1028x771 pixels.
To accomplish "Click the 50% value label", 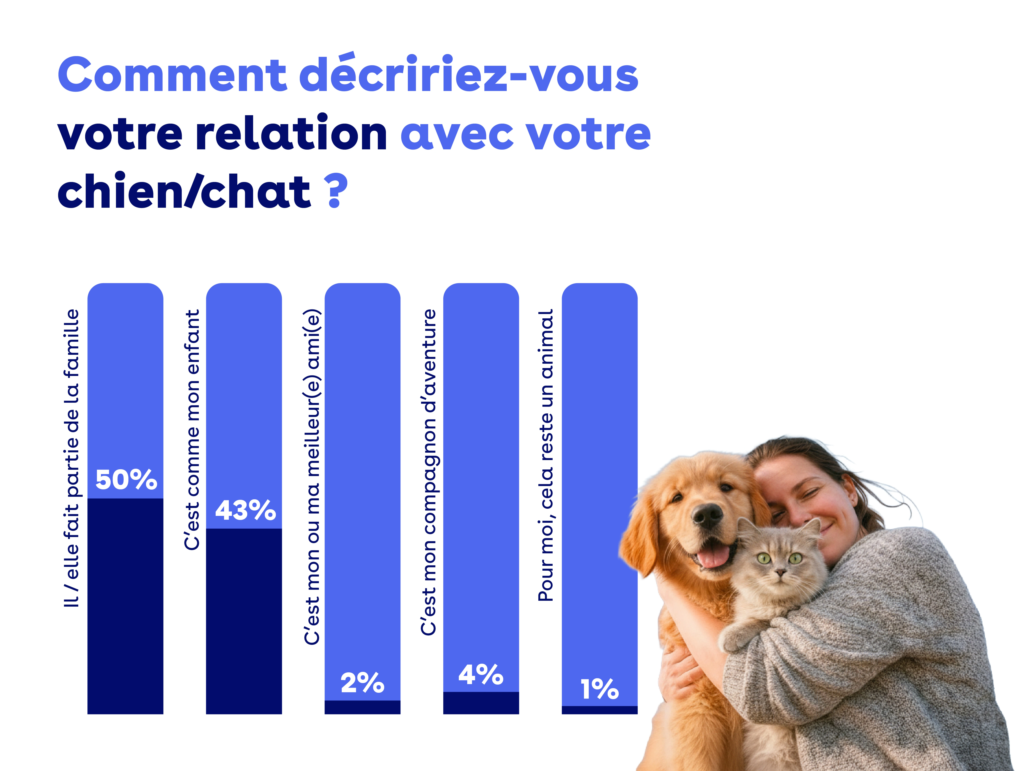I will [x=126, y=480].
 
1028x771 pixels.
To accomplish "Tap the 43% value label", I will [x=245, y=510].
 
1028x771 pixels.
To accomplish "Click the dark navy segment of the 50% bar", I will [x=126, y=604].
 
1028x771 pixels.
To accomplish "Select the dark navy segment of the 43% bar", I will [x=244, y=620].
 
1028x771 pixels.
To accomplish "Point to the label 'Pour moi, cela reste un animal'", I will [x=546, y=455].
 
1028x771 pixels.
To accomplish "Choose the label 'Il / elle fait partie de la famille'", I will [x=71, y=458].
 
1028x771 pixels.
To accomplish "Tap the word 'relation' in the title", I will [x=291, y=133].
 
